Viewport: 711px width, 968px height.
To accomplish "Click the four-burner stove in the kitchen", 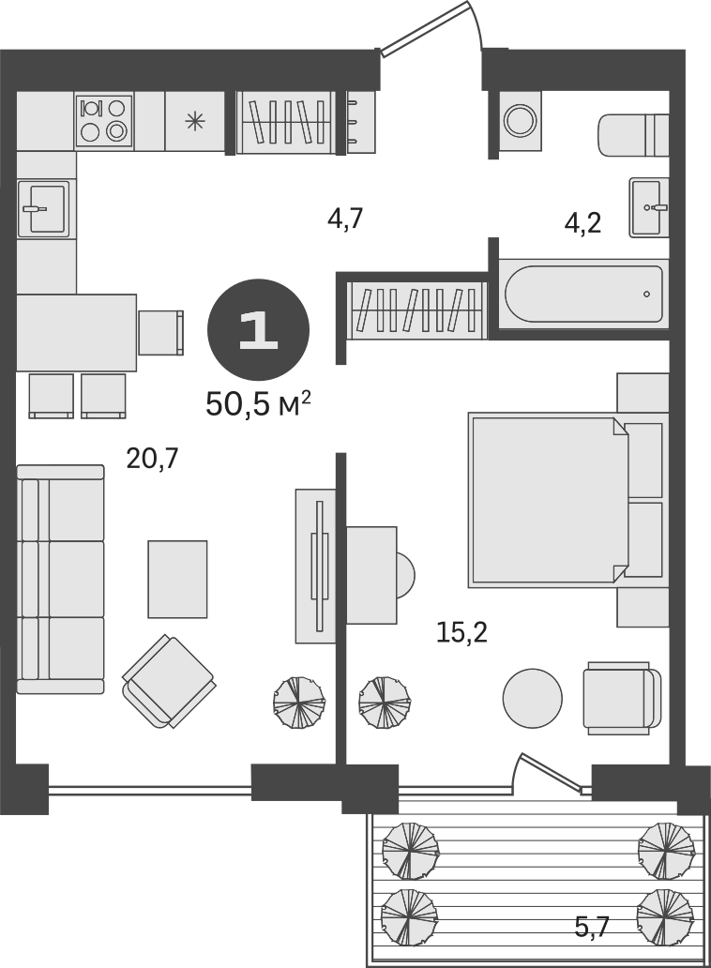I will click(103, 120).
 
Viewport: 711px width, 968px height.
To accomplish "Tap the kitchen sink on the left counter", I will click(43, 206).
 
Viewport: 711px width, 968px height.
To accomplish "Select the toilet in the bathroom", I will click(632, 137).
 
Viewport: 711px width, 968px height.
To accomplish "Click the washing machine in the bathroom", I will click(519, 119).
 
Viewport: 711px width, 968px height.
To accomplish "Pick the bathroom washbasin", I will click(649, 205).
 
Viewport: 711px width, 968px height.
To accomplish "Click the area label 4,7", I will click(344, 219).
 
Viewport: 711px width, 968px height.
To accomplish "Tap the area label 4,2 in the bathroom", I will click(582, 222).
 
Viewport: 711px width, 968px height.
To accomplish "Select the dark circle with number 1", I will click(257, 330).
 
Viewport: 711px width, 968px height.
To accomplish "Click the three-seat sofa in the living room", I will click(60, 580).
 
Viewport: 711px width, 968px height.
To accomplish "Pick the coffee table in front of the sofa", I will click(177, 579).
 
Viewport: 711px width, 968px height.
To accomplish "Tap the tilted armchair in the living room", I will click(169, 681).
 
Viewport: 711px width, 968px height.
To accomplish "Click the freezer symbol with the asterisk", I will click(195, 120).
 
